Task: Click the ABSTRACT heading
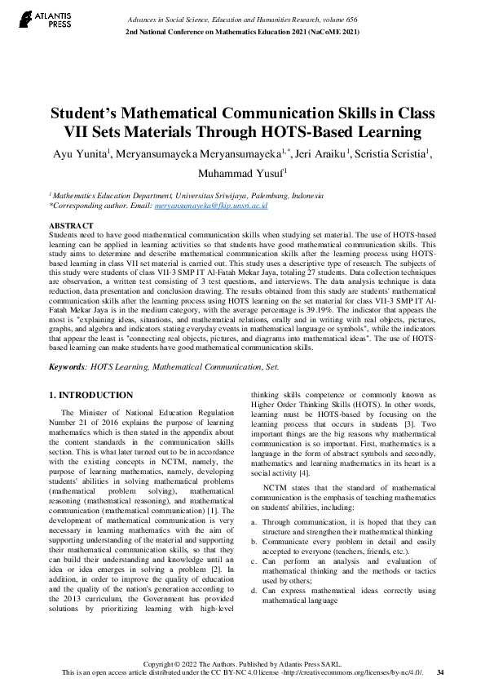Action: click(71, 224)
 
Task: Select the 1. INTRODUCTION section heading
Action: click(91, 395)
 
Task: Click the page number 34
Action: click(440, 672)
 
